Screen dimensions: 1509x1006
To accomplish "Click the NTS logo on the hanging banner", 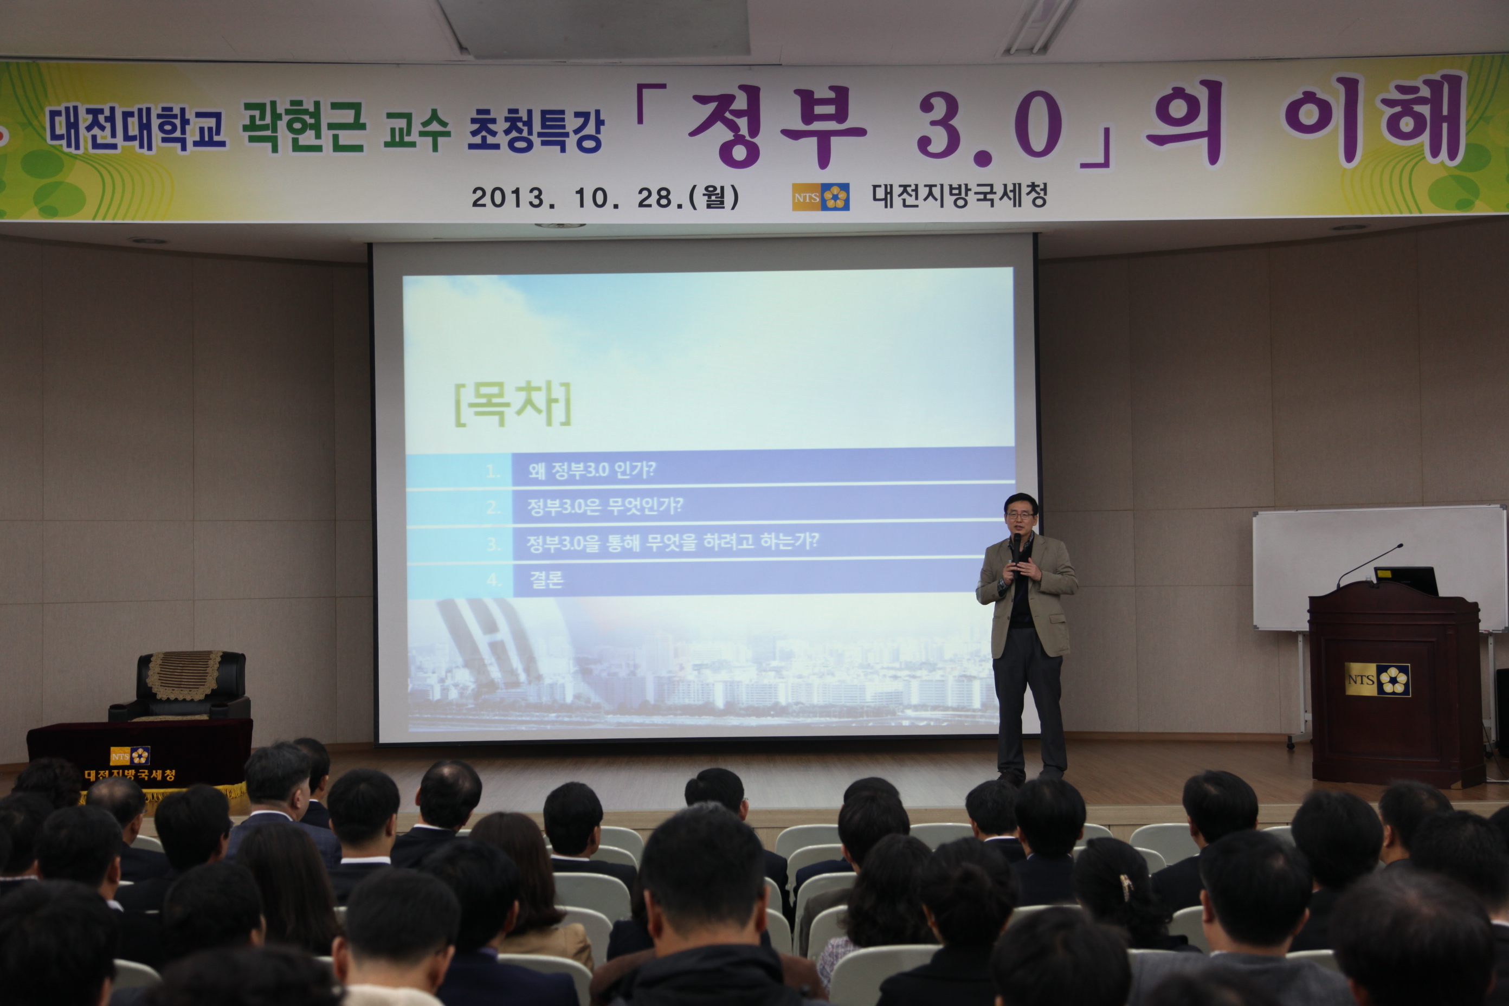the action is pos(821,197).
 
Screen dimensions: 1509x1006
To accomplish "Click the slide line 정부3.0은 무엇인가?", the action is pos(605,507).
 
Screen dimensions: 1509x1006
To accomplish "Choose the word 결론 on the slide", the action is pos(546,579).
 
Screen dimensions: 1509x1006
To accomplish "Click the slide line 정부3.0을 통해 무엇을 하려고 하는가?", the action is pos(672,543).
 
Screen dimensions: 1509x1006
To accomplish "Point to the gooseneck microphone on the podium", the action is pos(1369,566).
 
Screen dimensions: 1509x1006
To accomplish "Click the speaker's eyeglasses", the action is pos(1020,515).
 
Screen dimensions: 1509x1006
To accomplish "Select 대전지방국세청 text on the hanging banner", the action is pos(959,196).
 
